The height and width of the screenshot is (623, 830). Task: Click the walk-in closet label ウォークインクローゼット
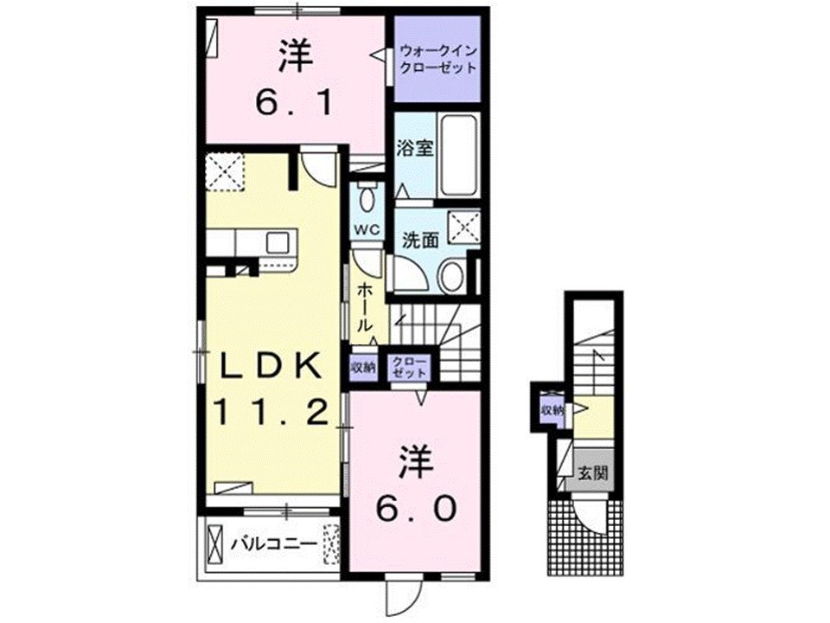click(x=437, y=60)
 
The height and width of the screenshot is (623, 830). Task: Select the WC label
click(x=367, y=229)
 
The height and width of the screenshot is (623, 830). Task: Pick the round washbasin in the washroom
click(x=451, y=278)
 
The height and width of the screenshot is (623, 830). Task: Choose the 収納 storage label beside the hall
click(x=363, y=367)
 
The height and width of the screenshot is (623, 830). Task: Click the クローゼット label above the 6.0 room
click(x=408, y=367)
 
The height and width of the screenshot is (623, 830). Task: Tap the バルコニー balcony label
click(x=273, y=544)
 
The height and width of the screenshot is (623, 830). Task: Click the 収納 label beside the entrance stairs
click(x=551, y=409)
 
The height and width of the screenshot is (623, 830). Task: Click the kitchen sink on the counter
click(x=280, y=241)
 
